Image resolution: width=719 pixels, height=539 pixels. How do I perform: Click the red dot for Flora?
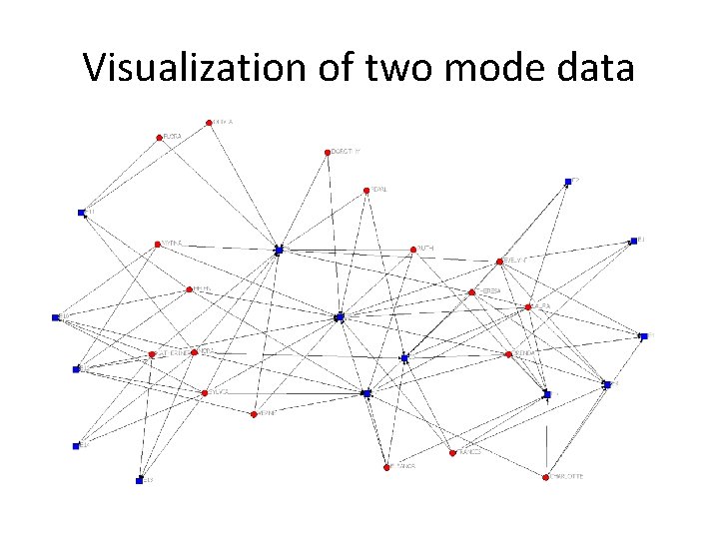tap(159, 138)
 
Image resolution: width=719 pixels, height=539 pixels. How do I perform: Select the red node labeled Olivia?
tap(209, 123)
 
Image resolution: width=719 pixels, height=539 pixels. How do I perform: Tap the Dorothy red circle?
tap(328, 153)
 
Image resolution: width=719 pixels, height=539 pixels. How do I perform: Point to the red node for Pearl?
tap(366, 189)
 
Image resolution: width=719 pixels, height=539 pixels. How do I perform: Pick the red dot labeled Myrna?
tap(157, 244)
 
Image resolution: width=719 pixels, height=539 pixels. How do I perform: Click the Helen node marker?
tap(189, 290)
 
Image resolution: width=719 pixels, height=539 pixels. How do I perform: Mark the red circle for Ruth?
tap(412, 250)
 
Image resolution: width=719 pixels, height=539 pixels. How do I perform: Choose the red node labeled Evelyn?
tap(499, 262)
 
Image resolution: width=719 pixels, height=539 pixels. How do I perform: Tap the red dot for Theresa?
tap(471, 292)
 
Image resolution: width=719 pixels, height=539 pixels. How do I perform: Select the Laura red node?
tap(528, 306)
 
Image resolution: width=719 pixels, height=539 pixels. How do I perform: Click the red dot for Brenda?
tap(508, 354)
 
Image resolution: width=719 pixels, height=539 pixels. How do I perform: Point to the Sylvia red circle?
tap(204, 393)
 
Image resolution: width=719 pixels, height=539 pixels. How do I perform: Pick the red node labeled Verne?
tap(254, 413)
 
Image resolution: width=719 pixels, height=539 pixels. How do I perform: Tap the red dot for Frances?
tap(452, 452)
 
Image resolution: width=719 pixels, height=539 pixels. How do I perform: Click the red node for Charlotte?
tap(546, 477)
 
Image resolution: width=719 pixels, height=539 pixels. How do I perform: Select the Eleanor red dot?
tap(152, 354)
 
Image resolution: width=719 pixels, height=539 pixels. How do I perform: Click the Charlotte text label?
tap(568, 477)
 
